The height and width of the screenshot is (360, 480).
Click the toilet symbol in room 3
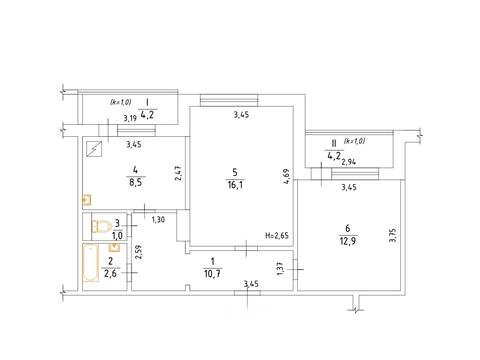[x=101, y=226]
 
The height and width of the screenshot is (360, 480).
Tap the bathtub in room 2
[x=91, y=263]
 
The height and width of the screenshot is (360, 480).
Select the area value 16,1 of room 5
[x=235, y=185]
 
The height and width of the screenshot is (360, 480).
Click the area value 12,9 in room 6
[x=347, y=241]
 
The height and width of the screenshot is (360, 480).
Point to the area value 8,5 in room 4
[x=135, y=182]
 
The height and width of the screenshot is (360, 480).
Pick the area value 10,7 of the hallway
[x=212, y=274]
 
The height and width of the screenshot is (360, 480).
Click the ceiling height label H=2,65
[x=277, y=235]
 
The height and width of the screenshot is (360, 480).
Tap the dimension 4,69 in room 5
[x=286, y=176]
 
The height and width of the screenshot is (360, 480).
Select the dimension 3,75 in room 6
[x=393, y=235]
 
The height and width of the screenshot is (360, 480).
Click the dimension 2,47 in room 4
[x=179, y=174]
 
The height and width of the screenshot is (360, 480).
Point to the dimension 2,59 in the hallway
[x=140, y=254]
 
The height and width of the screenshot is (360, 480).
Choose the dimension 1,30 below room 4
[x=158, y=220]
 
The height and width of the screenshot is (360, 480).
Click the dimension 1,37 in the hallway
[x=281, y=269]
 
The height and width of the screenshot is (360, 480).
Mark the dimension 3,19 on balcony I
[x=130, y=118]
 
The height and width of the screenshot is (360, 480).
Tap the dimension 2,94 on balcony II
[x=349, y=162]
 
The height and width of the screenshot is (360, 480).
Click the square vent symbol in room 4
[x=94, y=149]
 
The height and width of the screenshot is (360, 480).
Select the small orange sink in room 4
[x=87, y=200]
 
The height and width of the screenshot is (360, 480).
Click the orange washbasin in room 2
[x=115, y=248]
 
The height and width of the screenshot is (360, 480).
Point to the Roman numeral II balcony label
[x=333, y=144]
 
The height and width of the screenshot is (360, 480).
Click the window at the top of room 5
[x=229, y=100]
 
